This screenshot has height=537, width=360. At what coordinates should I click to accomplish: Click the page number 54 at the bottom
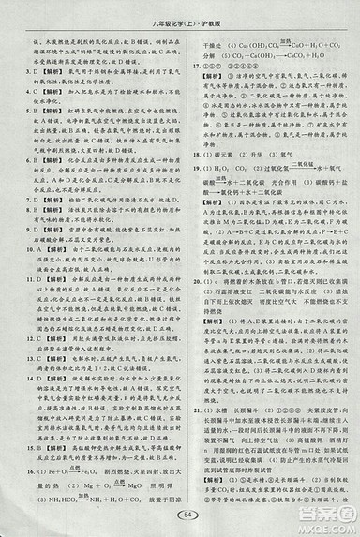(184, 514)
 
